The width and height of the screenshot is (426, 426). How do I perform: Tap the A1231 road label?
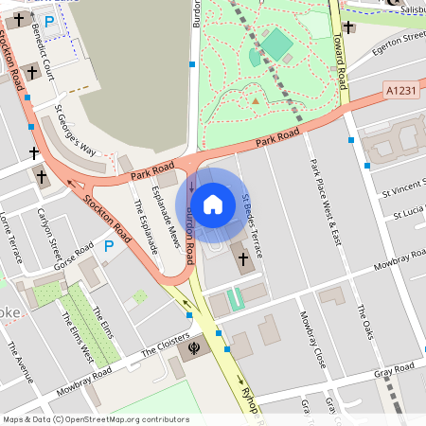pos(401,90)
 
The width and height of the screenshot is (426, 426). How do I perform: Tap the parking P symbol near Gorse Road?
pos(109,245)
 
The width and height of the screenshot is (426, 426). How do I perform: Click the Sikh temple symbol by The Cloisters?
pos(194,346)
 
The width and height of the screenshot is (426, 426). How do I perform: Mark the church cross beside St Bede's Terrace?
pos(241,257)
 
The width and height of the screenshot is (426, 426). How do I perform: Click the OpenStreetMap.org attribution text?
pos(133,419)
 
